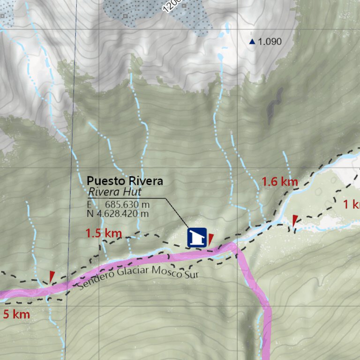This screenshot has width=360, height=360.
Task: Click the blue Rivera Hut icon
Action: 197,237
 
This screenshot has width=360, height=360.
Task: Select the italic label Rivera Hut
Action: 115,192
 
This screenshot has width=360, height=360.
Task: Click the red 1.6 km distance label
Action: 279,181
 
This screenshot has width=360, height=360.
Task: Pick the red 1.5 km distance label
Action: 104,233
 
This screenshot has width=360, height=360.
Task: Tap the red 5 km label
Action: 16,314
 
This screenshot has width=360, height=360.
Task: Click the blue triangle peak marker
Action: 252,42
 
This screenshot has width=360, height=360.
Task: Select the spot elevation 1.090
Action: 270,42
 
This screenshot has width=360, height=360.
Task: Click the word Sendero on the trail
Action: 95,281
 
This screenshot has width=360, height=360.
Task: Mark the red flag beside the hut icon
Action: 210,239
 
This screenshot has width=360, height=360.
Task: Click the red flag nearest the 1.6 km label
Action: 294,221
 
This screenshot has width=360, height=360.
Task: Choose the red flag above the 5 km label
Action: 52,276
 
